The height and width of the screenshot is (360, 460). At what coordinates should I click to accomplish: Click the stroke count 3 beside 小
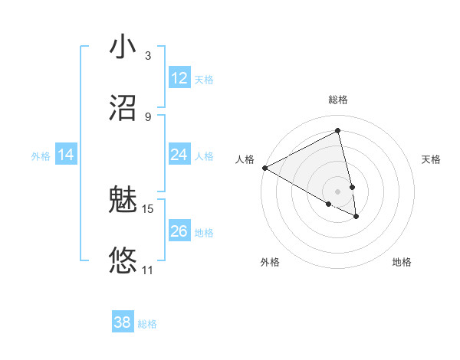pyautogui.click(x=148, y=56)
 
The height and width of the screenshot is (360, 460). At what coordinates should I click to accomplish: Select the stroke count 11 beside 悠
pyautogui.click(x=148, y=270)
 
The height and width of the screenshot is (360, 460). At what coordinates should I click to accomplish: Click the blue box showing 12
pyautogui.click(x=179, y=78)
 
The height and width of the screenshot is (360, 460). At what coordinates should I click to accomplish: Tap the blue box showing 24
pyautogui.click(x=179, y=155)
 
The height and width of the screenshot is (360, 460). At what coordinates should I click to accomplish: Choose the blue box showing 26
pyautogui.click(x=179, y=231)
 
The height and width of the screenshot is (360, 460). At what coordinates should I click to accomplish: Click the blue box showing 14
pyautogui.click(x=66, y=155)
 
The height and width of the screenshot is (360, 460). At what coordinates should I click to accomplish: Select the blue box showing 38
pyautogui.click(x=123, y=322)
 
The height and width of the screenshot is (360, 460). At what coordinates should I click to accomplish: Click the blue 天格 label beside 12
pyautogui.click(x=204, y=80)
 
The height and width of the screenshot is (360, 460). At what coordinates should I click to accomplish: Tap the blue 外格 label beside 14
pyautogui.click(x=41, y=156)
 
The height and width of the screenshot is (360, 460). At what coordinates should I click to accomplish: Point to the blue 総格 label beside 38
pyautogui.click(x=147, y=324)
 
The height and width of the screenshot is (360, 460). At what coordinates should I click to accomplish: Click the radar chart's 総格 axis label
pyautogui.click(x=338, y=100)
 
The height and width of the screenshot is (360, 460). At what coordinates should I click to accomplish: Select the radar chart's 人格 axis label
pyautogui.click(x=245, y=159)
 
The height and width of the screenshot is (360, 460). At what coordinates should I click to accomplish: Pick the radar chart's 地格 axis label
pyautogui.click(x=402, y=262)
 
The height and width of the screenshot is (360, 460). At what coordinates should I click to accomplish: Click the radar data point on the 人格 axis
pyautogui.click(x=264, y=168)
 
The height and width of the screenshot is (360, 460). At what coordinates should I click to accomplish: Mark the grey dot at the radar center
pyautogui.click(x=338, y=191)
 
